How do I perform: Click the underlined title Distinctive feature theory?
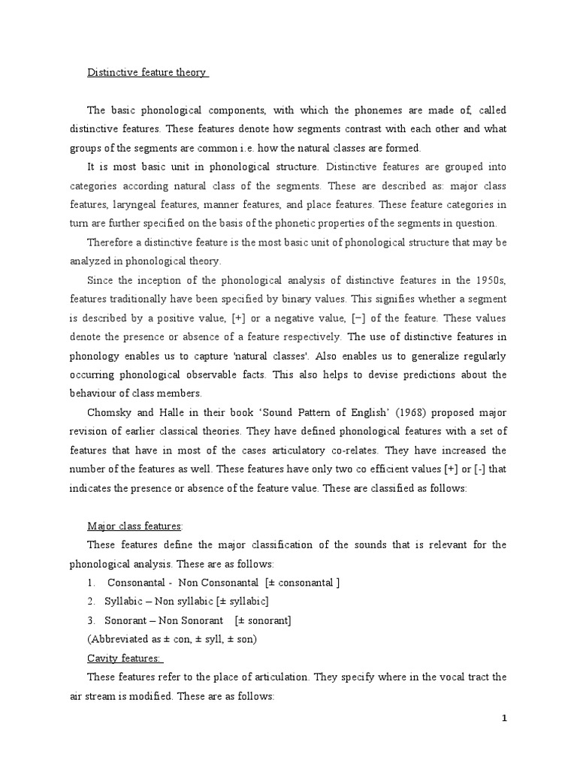[147, 72]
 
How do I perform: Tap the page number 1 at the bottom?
[505, 719]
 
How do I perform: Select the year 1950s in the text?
[486, 280]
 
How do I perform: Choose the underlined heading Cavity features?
[125, 658]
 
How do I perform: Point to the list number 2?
[90, 602]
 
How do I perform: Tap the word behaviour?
[95, 394]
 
